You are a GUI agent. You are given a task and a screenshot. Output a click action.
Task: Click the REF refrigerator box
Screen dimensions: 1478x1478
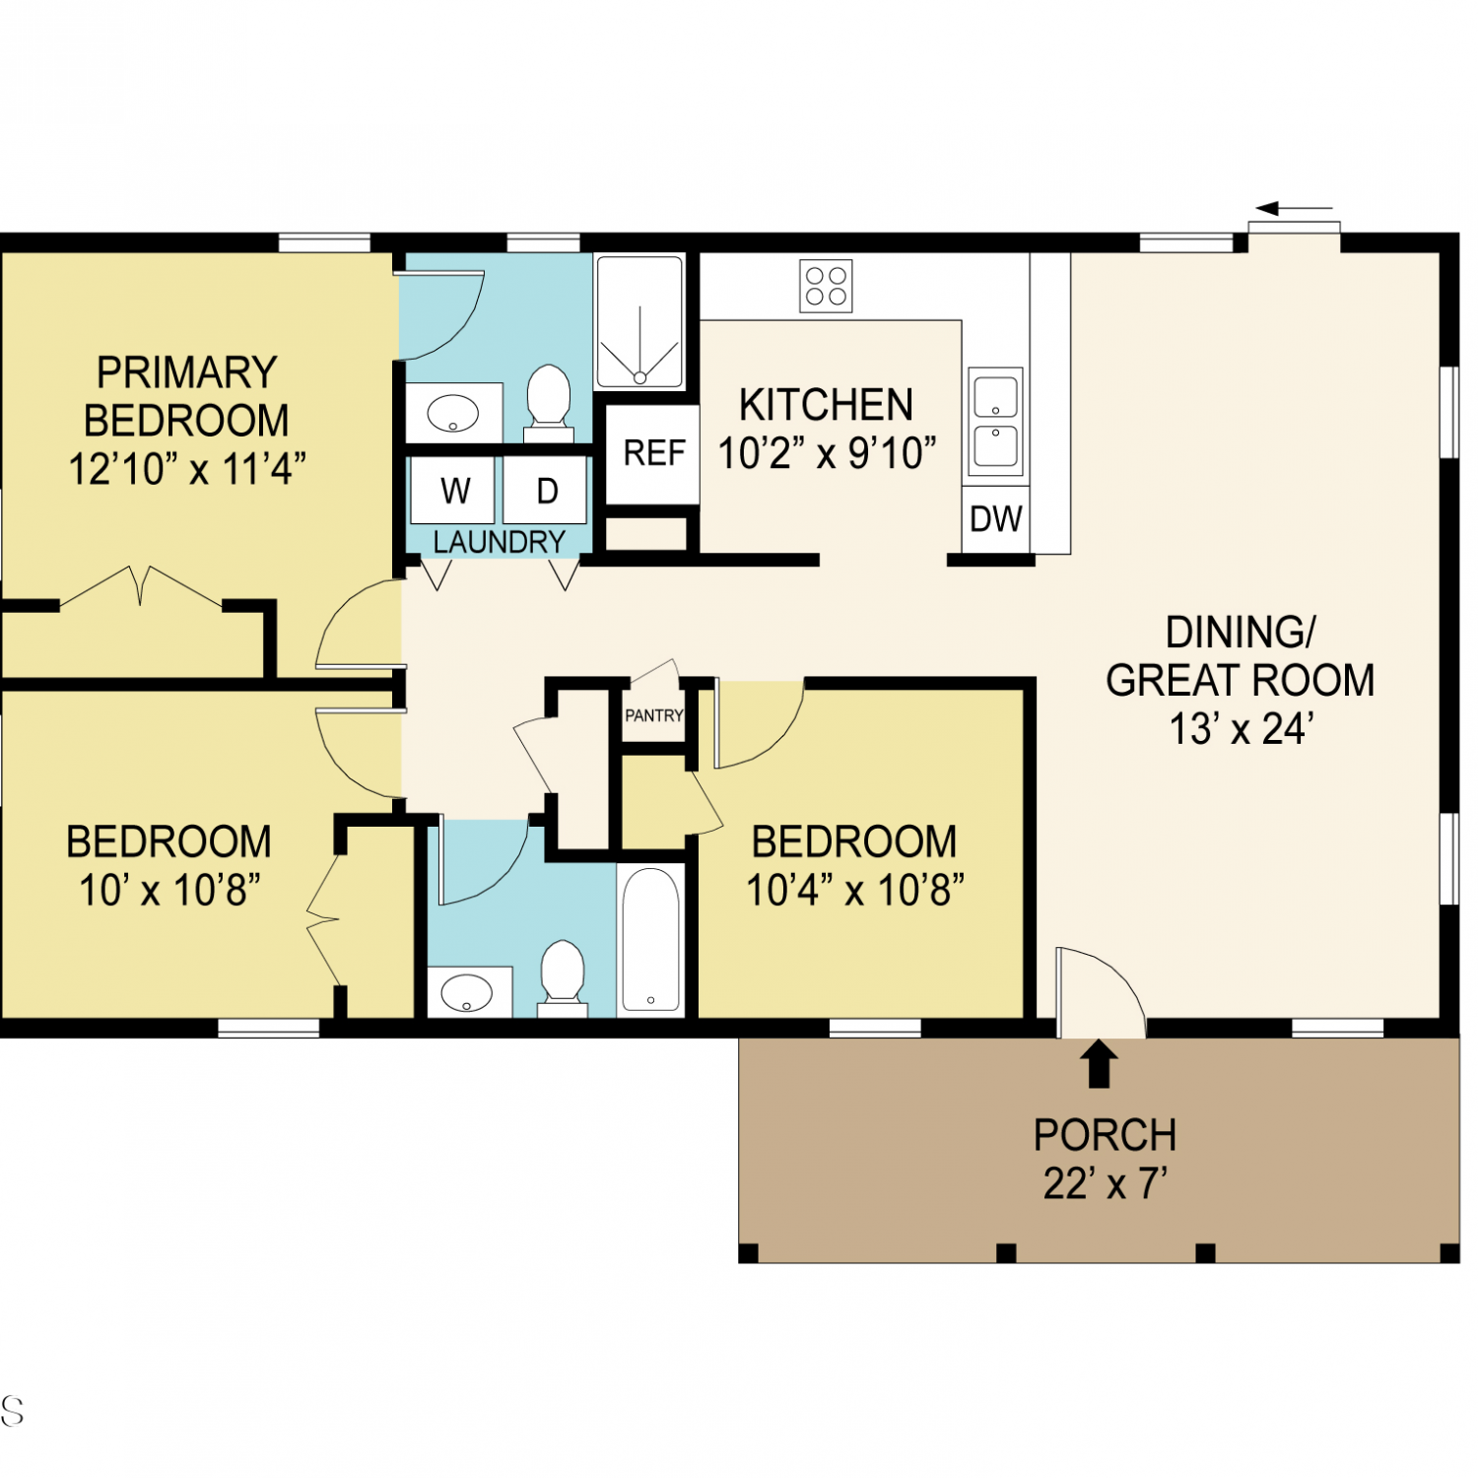pos(652,453)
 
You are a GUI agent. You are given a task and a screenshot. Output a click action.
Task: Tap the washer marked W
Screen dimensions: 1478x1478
pos(453,490)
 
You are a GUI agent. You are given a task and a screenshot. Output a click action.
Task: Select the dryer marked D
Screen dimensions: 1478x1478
pos(546,490)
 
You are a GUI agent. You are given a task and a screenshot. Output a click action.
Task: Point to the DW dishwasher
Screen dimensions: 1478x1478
pos(996,519)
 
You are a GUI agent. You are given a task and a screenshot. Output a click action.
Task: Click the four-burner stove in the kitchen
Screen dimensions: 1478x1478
pos(826,286)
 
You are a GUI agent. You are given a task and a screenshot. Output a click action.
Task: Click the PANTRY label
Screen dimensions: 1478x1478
pos(654,715)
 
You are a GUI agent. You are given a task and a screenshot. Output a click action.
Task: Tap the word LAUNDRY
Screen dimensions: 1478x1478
pos(500,542)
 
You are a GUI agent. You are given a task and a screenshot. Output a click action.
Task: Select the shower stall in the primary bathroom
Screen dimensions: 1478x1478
pos(640,322)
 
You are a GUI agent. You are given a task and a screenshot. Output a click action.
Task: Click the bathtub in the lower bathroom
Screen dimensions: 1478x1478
pos(651,939)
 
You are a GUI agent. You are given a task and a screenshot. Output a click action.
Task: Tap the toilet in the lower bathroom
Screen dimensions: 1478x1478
pos(563,978)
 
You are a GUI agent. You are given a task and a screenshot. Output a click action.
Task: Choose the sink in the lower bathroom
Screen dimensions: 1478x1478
pos(468,992)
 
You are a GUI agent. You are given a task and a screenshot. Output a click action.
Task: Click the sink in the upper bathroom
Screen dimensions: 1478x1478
pos(453,413)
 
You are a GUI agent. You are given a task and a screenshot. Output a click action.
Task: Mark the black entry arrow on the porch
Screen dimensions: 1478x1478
pos(1100,1064)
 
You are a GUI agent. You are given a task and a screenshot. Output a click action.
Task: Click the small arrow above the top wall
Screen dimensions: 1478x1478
pos(1295,209)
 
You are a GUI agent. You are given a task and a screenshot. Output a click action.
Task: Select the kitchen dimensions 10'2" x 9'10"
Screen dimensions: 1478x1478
pos(827,453)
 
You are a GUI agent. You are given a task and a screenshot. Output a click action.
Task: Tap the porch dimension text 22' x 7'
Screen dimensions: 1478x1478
pos(1106,1183)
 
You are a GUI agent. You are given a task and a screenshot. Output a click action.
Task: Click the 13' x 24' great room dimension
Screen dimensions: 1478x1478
pos(1242,729)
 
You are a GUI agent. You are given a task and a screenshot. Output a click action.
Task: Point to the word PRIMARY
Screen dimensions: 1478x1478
pos(187,372)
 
